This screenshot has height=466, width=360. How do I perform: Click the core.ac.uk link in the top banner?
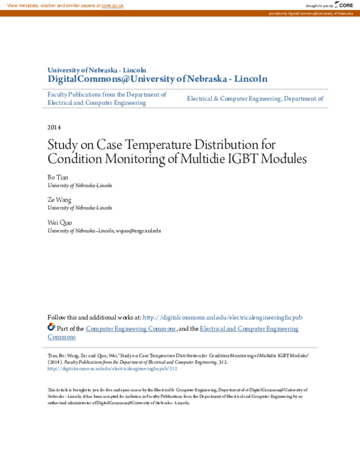tap(112, 5)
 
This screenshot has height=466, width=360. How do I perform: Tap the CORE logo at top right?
tap(344, 5)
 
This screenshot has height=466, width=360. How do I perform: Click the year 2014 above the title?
tap(54, 127)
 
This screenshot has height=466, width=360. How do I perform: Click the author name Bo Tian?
tap(58, 178)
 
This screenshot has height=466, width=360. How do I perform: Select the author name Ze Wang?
tap(59, 200)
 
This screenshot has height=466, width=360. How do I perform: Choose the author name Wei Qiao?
tap(59, 222)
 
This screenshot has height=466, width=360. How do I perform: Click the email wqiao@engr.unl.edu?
tap(139, 230)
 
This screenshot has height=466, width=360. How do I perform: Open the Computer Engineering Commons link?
tap(131, 328)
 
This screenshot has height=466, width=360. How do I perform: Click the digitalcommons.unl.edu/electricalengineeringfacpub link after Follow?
tap(223, 317)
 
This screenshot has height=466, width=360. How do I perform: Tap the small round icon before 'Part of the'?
tap(51, 327)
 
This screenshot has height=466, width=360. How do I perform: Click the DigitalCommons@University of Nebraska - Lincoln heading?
tap(157, 79)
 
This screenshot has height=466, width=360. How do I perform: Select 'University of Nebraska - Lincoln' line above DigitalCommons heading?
tap(97, 70)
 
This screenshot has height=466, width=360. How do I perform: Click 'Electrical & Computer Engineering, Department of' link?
tap(255, 98)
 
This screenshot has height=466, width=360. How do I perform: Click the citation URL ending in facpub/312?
tap(113, 369)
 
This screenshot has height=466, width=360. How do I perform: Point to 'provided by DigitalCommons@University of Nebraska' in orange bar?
tap(311, 13)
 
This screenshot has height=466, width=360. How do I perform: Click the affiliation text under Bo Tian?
tap(80, 186)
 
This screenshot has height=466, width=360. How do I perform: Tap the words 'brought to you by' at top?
tap(318, 5)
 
